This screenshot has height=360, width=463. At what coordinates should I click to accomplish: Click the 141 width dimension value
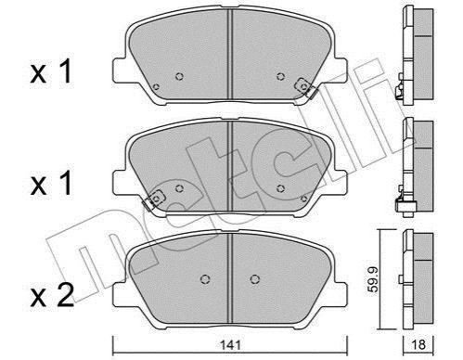[230, 345]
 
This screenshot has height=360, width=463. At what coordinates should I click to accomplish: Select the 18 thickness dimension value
[418, 345]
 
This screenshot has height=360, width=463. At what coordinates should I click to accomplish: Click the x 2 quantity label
[52, 296]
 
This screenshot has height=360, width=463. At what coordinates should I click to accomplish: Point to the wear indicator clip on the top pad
[305, 87]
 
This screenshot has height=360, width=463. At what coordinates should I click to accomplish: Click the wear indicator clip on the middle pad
[154, 199]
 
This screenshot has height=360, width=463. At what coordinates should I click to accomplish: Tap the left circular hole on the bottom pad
[205, 279]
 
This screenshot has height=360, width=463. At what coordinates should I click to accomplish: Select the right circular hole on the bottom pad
[254, 279]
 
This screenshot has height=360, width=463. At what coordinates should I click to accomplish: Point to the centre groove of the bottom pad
[229, 278]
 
